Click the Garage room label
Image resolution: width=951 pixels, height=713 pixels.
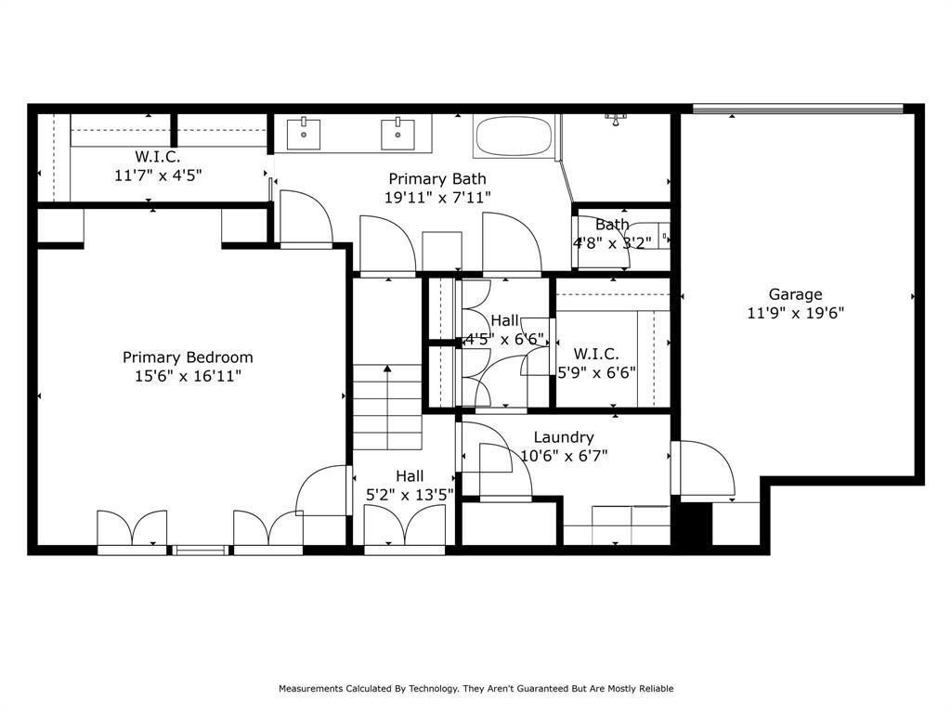(x=795, y=295)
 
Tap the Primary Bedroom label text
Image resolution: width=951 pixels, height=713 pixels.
(x=188, y=357)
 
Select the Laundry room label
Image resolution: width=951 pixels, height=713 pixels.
(x=564, y=437)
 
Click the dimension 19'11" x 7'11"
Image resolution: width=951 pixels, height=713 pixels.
(x=436, y=197)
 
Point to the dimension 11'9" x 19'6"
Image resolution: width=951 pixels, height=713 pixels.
(x=795, y=314)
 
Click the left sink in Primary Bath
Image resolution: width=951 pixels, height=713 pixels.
(x=304, y=134)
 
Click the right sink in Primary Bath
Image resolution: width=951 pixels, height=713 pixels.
(x=398, y=134)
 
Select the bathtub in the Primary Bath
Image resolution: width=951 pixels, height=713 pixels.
(x=514, y=137)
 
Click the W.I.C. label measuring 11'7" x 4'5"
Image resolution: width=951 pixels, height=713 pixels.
(x=158, y=175)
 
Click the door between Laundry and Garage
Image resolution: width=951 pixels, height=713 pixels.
(x=703, y=469)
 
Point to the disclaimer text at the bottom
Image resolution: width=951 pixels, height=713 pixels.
(x=475, y=689)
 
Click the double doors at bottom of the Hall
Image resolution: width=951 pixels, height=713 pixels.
(x=404, y=532)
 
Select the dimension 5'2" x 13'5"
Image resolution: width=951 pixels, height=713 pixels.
(x=409, y=495)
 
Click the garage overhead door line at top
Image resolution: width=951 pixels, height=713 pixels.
(x=798, y=109)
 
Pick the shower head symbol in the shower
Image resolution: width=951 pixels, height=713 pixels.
(x=617, y=118)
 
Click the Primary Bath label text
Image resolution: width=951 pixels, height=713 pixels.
(x=436, y=179)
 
